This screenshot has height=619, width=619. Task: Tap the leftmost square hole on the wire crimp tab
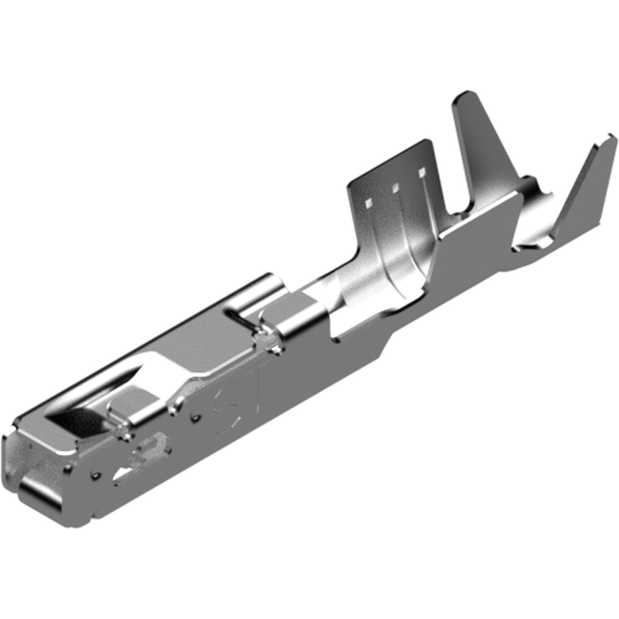point(368,204)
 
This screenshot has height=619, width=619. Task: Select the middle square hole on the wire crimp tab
point(395,189)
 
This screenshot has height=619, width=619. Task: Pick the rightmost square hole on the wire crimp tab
point(422,174)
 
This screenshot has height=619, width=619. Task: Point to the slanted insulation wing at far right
point(585,188)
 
